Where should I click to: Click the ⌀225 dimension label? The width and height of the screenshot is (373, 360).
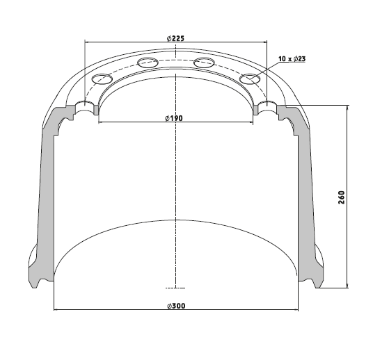point(175,38)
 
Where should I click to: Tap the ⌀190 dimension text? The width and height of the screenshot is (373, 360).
point(174,118)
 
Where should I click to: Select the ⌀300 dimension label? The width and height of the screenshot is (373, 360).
point(176,306)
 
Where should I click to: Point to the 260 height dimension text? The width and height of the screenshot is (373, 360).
point(342,197)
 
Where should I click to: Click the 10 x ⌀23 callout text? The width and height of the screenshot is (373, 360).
point(292,58)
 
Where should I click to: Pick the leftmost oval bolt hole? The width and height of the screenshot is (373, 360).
point(102,79)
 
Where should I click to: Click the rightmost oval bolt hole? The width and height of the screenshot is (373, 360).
point(250,79)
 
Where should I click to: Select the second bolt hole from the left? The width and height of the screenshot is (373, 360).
point(148,63)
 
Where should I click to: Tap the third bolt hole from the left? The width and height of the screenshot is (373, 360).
point(204,63)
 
